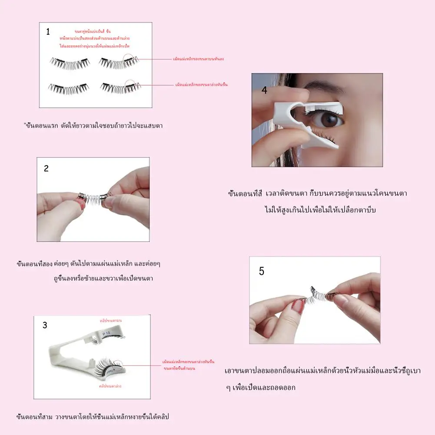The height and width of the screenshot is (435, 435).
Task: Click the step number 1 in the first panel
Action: click(48, 32)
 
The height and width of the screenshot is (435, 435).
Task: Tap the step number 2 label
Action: click(46, 168)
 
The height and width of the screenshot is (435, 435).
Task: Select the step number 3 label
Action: click(45, 325)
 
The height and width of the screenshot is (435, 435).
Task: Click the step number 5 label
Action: click(261, 271)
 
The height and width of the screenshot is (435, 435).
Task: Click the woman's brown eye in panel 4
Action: click(332, 120)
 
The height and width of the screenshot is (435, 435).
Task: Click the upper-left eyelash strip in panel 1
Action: click(68, 63)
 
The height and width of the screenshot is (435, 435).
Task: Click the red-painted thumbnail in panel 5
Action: click(298, 306)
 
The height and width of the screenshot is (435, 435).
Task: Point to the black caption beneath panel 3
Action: click(92, 417)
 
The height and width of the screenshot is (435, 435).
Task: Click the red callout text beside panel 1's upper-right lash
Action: click(198, 59)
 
